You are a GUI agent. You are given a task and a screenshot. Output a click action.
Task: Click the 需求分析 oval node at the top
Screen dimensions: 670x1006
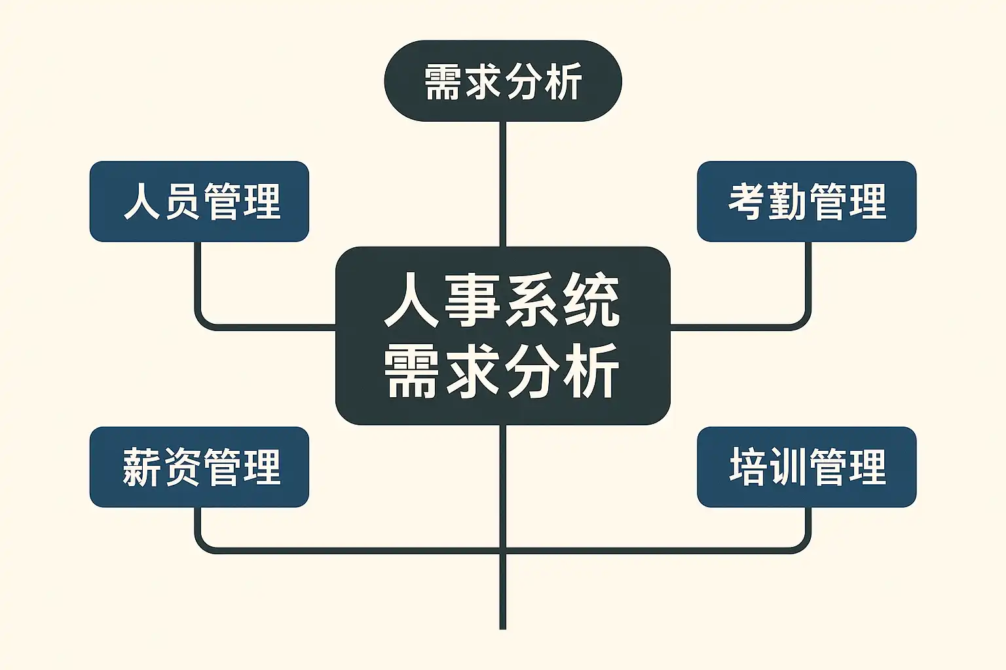pos(502,81)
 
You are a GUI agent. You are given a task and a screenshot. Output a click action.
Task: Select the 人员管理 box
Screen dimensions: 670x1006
pos(199,202)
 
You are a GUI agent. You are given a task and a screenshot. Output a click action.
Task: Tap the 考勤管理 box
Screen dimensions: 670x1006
pos(806,202)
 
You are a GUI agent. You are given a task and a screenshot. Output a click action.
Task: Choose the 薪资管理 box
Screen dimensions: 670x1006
pos(199,467)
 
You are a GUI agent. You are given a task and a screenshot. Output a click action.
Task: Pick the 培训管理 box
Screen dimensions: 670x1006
pos(806,467)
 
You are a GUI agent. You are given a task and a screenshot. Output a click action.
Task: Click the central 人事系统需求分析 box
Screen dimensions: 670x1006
pos(502,335)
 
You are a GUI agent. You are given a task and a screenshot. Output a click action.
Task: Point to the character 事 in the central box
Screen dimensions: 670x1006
pos(473,301)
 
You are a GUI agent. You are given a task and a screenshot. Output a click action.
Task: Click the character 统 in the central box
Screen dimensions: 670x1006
pos(591,301)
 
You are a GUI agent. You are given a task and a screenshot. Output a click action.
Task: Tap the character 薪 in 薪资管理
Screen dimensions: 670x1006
pos(142,467)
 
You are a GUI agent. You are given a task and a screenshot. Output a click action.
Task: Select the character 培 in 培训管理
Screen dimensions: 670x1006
pos(749,467)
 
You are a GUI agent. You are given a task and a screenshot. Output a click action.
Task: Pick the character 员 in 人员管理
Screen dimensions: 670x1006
pos(182,202)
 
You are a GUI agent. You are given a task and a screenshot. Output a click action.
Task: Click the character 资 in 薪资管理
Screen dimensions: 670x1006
pos(181,467)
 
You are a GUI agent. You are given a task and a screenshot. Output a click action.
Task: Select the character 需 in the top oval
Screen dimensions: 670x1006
pos(443,82)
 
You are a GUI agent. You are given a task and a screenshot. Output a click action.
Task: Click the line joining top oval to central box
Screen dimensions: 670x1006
pos(502,183)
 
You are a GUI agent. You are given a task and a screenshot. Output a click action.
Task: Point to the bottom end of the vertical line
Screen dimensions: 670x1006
pos(502,626)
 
